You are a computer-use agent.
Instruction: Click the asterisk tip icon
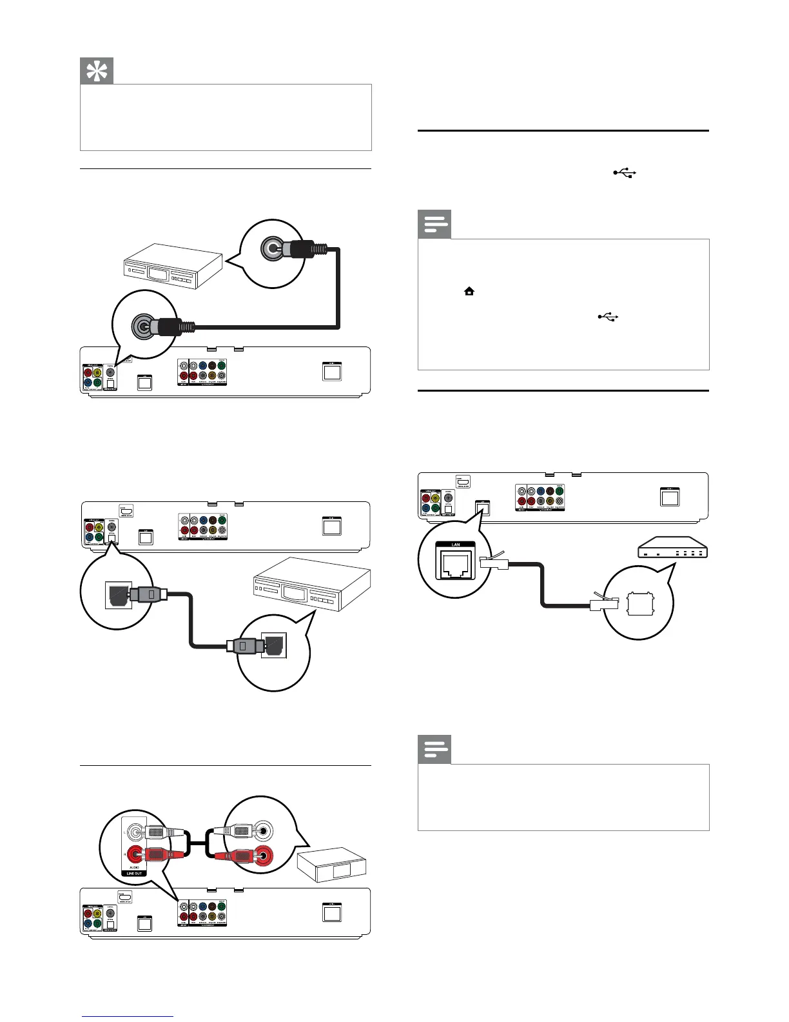(97, 71)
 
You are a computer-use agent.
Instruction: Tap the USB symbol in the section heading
(625, 172)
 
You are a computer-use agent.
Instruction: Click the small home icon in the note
(469, 292)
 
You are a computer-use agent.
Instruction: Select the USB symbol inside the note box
(608, 317)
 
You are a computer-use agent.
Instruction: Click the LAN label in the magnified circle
(456, 545)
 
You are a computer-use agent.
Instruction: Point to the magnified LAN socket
(456, 564)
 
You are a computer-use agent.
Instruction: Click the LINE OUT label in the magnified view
(134, 873)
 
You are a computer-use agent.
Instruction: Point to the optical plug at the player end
(149, 594)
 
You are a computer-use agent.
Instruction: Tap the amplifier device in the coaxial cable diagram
(173, 266)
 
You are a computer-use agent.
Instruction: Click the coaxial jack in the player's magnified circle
(142, 327)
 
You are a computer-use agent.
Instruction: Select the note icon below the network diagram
(434, 749)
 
